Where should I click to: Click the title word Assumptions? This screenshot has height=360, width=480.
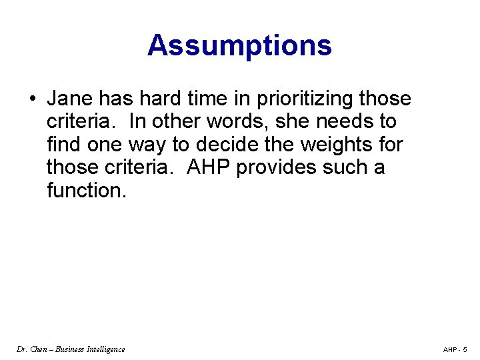[x=239, y=45]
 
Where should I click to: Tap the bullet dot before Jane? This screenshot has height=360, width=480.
[x=32, y=99]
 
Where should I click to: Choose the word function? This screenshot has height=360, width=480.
[x=86, y=190]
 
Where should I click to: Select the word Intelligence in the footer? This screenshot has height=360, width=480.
[x=103, y=349]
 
